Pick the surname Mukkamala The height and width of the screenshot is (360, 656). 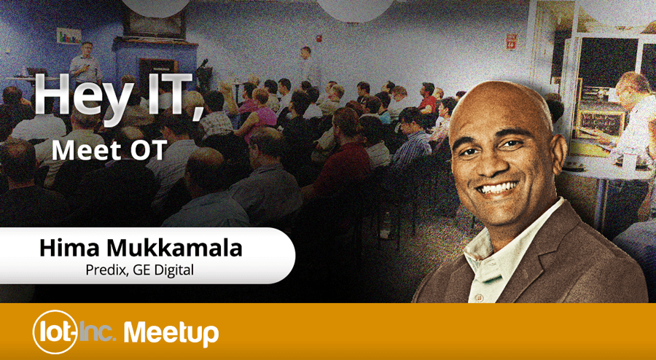(x=173, y=248)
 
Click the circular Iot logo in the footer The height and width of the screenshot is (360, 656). (x=55, y=332)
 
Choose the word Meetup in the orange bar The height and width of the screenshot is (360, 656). (x=171, y=333)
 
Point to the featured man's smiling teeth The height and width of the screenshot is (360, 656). (x=499, y=188)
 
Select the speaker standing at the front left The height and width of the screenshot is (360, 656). (x=86, y=66)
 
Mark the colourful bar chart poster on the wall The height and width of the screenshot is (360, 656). (x=69, y=36)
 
